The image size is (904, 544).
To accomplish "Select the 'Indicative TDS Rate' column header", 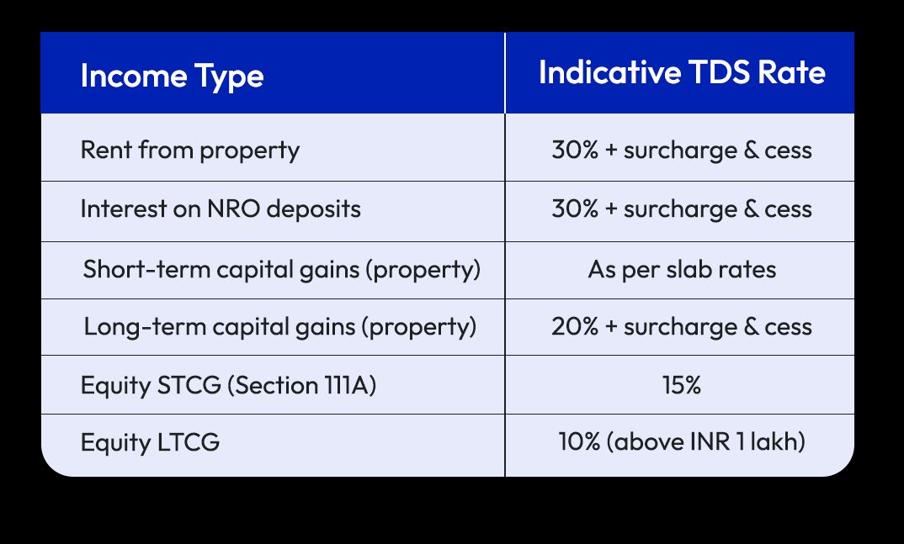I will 682,73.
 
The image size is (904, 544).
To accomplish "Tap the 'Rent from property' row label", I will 189,151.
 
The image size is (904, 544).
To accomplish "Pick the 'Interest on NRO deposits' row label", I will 221,209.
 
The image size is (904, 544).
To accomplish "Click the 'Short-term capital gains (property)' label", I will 282,270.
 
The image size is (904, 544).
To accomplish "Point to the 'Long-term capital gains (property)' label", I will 280,326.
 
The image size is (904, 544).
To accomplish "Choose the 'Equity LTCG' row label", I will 150,442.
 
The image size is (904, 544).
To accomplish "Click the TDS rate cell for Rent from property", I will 682,151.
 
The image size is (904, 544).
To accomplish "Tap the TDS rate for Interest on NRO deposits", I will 682,209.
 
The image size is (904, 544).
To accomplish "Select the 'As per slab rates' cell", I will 682,270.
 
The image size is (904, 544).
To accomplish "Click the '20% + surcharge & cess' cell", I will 682,326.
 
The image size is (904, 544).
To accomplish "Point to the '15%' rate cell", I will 682,385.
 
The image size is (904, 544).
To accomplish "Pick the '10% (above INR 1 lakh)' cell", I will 682,442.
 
